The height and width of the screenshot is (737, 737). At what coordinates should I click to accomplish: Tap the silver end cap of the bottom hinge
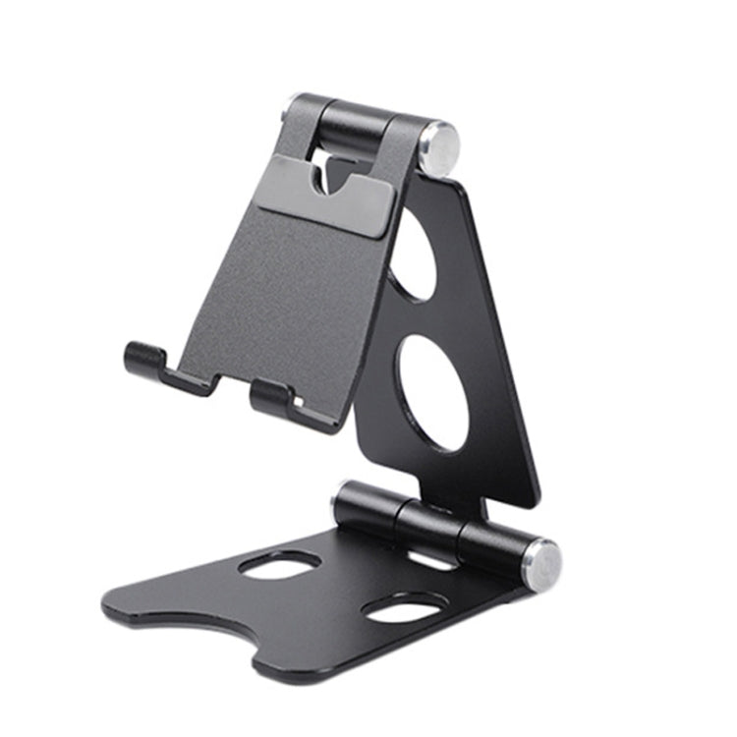coord(543,565)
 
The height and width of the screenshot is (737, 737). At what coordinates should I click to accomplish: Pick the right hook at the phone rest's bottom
coord(271,396)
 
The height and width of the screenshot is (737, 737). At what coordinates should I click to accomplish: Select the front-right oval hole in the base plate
coord(400,609)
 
